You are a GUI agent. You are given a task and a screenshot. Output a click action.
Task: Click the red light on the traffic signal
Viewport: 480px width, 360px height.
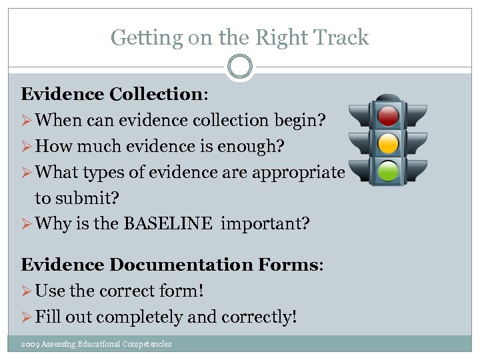pos(387,115)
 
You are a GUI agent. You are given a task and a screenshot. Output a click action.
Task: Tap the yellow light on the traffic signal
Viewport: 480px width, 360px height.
pos(387,143)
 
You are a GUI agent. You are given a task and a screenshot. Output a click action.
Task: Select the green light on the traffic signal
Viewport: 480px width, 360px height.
pos(387,171)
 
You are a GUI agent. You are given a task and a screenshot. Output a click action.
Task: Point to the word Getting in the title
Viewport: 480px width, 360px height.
pos(139,38)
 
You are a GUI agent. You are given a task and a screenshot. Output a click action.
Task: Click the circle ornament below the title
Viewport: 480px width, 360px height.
pos(240,67)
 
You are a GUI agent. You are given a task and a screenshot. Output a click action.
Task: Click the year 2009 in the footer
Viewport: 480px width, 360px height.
pos(29,344)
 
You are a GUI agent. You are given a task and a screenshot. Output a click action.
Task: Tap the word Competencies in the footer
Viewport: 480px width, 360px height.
pos(147,344)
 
